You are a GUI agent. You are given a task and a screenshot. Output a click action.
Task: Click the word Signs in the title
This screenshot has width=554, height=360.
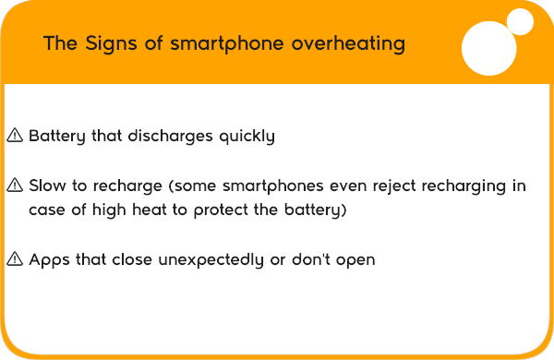[111, 43]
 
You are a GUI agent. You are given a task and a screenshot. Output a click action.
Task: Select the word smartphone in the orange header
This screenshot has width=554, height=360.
[227, 43]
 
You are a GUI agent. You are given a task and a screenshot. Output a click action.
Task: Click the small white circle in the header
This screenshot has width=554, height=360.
[520, 22]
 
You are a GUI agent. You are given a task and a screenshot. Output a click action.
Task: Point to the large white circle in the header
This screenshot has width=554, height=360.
[489, 48]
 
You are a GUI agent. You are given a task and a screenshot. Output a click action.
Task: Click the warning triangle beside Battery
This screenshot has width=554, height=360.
[15, 136]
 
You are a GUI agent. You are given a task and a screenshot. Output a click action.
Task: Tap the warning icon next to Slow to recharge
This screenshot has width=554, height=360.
[15, 186]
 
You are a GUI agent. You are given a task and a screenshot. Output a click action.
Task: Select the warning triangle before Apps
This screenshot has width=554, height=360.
[15, 259]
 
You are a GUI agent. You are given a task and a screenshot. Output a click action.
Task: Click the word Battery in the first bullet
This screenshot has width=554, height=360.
[57, 137]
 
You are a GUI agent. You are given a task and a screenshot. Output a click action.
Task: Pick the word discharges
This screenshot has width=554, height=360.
[170, 137]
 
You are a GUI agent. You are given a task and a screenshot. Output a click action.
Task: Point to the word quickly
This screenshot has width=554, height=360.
[247, 137]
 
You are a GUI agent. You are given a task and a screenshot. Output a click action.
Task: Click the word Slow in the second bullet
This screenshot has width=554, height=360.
[47, 186]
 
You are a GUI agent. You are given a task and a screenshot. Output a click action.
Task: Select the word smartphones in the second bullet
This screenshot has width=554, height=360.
[272, 186]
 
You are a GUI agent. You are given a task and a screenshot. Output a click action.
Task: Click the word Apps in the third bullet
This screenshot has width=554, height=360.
[49, 260]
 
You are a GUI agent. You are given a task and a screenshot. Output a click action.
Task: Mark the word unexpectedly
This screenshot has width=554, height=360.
[211, 260]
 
